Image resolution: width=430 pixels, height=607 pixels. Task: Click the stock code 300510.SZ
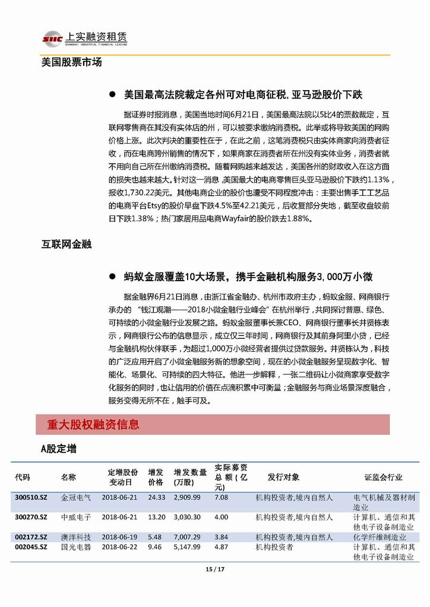pos(30,498)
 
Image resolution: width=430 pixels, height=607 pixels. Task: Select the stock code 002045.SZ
pos(30,547)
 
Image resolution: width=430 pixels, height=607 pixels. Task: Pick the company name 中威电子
pos(75,517)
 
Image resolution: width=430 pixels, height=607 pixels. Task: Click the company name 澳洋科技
pos(75,537)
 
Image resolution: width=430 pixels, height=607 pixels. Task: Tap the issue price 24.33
pos(156,498)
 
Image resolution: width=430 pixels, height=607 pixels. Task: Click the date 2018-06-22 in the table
pos(119,547)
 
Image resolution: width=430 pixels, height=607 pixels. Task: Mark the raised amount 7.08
pos(221,498)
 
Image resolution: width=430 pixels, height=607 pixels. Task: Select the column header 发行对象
pos(283,477)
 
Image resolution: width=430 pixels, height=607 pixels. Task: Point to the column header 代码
pos(22,477)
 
